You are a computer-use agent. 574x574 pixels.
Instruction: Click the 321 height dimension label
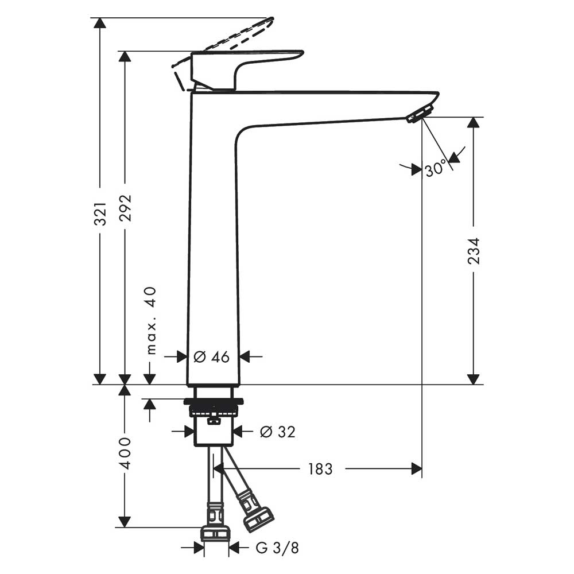click(x=100, y=213)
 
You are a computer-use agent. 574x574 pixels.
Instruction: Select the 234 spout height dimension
click(x=474, y=250)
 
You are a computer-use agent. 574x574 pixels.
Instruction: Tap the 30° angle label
click(x=436, y=169)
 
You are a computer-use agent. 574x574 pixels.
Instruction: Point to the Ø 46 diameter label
click(x=211, y=357)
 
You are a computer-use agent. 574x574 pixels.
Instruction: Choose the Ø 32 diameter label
click(x=277, y=432)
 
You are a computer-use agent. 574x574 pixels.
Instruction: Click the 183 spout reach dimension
click(x=320, y=469)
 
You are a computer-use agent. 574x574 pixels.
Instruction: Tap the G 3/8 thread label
click(x=277, y=548)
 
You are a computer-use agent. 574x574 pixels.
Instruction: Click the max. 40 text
click(x=150, y=320)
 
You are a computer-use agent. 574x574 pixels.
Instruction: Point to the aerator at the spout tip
click(x=419, y=114)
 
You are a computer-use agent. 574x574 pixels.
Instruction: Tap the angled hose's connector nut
click(x=258, y=518)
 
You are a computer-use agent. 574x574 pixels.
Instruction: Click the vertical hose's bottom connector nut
click(x=215, y=534)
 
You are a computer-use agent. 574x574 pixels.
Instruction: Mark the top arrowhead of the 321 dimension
click(x=100, y=23)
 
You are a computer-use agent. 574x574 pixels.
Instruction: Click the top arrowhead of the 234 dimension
click(x=474, y=123)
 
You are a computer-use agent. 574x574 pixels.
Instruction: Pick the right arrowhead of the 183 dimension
click(x=417, y=469)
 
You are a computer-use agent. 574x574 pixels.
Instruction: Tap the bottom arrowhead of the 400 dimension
click(x=124, y=522)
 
